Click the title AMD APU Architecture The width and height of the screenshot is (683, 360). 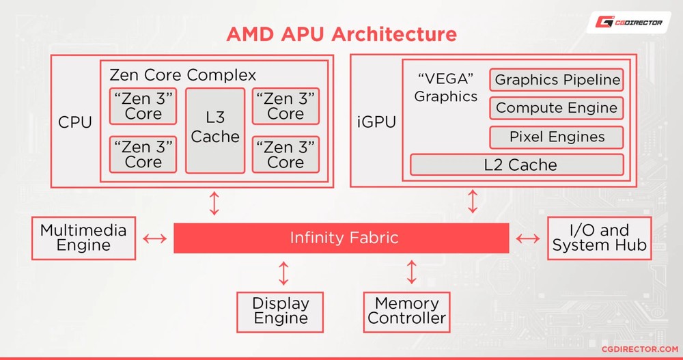[341, 33]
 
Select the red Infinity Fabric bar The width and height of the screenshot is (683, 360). [341, 238]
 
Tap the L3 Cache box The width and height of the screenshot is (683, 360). [215, 130]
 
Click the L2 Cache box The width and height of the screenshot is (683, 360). [516, 165]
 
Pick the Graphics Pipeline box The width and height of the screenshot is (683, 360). [557, 80]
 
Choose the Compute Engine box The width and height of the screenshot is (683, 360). [557, 108]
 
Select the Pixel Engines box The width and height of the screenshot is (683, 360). [557, 137]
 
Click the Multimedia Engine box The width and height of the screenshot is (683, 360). [83, 238]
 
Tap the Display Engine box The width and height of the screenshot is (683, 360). [281, 311]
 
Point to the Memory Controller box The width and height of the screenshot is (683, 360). [407, 311]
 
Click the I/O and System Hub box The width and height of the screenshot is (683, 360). [599, 238]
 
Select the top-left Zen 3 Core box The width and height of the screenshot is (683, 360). [143, 106]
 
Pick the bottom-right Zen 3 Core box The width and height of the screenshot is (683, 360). [285, 154]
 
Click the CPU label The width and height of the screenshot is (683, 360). [75, 123]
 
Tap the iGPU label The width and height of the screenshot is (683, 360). [376, 123]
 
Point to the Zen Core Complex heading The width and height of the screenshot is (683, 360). [183, 74]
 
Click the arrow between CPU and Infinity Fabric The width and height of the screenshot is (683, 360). [214, 204]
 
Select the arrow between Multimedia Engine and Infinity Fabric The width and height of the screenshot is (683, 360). [155, 238]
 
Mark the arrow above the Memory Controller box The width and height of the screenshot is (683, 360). [411, 271]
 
